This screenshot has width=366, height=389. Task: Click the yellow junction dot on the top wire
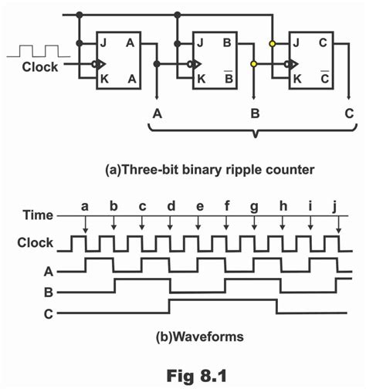tap(272, 44)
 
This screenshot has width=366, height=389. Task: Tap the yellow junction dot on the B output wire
tap(253, 65)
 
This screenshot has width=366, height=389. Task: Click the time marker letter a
tap(86, 207)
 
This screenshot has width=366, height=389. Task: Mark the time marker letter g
tap(254, 207)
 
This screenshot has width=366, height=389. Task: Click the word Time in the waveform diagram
tap(37, 215)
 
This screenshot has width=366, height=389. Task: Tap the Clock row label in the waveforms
tap(36, 242)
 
